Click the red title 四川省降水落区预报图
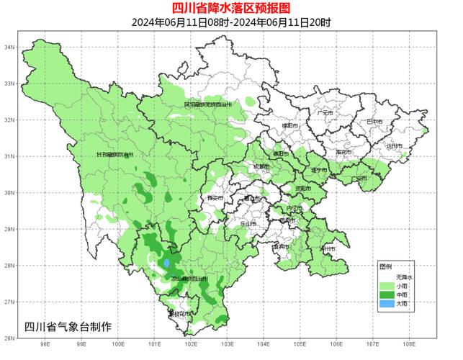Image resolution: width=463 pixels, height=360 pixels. tap(231, 8)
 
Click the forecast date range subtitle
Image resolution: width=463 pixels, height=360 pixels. tap(231, 22)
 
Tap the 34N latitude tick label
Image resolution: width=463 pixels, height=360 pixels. tap(10, 47)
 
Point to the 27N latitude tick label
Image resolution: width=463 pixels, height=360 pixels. tap(10, 302)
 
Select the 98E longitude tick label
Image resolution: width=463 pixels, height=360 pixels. tap(45, 344)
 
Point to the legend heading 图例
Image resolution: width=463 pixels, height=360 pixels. tap(385, 266)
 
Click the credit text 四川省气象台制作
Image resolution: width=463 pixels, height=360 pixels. tap(68, 326)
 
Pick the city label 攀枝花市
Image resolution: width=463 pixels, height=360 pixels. tap(179, 314)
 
